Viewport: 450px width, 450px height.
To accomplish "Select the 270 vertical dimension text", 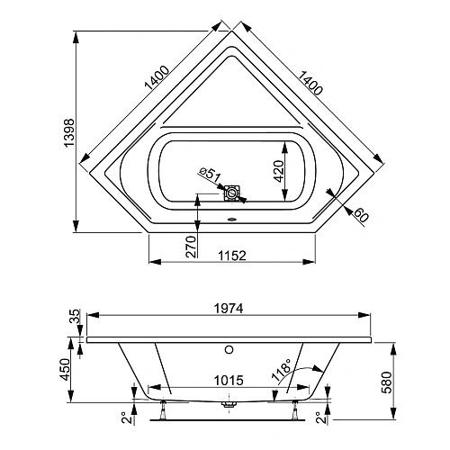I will tap(190, 246).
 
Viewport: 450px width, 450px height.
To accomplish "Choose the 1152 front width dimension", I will tap(230, 255).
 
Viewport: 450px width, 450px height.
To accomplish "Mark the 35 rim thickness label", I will tap(75, 316).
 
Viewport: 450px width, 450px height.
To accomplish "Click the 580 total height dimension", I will tap(387, 382).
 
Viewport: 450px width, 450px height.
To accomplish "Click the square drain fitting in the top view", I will tap(234, 192).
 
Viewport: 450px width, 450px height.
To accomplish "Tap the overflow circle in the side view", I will tap(229, 347).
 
